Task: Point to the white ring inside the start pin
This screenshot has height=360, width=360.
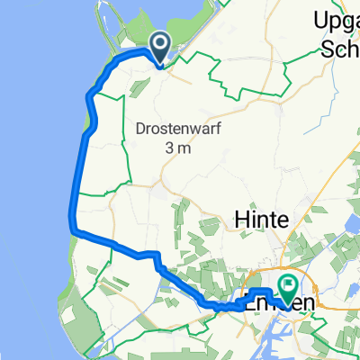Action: click(161, 42)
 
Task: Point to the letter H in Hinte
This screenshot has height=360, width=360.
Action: click(240, 220)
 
